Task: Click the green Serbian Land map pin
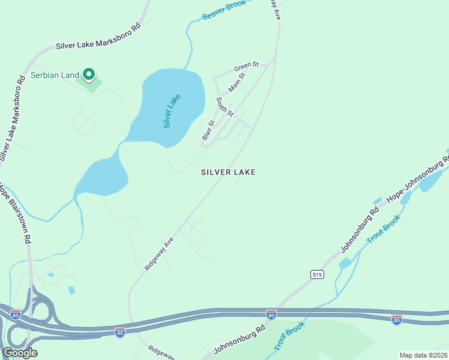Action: [89, 74]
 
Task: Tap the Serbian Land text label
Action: [55, 75]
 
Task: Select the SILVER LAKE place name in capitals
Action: [228, 172]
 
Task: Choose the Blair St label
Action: [208, 131]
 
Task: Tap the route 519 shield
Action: [318, 274]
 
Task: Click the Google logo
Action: [20, 352]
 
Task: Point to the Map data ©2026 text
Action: [423, 355]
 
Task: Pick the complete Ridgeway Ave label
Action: [159, 253]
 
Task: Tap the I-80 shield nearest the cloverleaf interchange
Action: [16, 314]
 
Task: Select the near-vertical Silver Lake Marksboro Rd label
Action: [12, 122]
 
